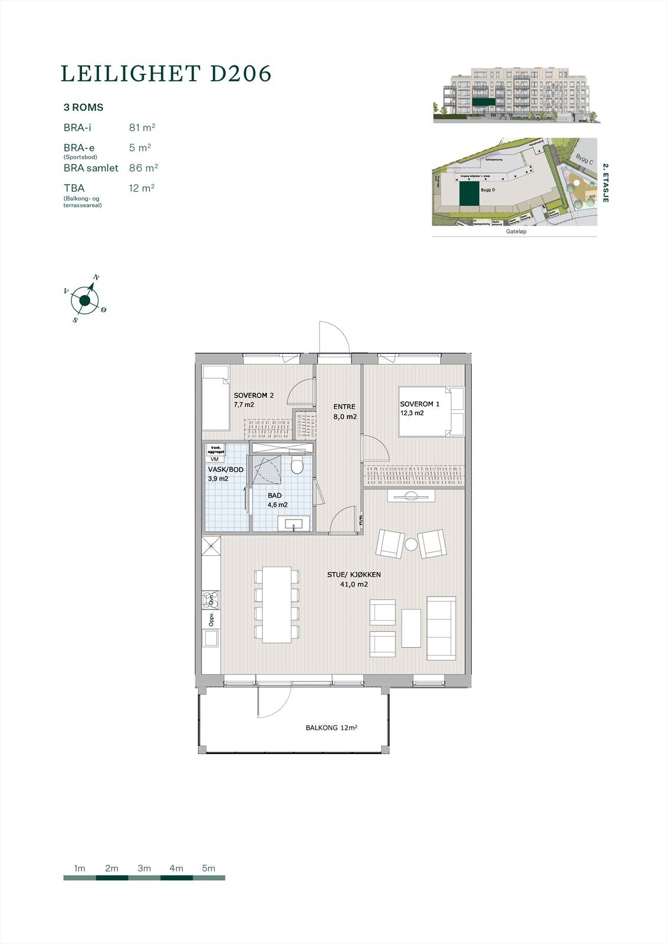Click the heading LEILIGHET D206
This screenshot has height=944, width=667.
pos(166,73)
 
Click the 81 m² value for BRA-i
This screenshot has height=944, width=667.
pos(142,127)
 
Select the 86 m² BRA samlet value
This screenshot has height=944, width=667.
pos(143,168)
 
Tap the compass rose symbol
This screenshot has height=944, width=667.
pos(85,301)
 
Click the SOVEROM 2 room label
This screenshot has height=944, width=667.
pos(254,399)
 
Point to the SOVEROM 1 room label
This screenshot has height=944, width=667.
pos(420,408)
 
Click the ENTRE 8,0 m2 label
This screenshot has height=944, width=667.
pos(344,411)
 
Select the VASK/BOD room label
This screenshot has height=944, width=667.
pos(225,474)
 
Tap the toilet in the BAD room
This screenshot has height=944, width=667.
pos(297,466)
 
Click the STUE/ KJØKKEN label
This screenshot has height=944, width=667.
pos(354,579)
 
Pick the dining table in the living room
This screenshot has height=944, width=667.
pos(277,605)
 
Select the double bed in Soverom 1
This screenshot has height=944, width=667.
pos(431,411)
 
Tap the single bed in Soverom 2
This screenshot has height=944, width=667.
pos(215,398)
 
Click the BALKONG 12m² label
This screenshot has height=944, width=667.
pos(331,728)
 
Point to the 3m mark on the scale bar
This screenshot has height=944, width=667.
pos(144,868)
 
